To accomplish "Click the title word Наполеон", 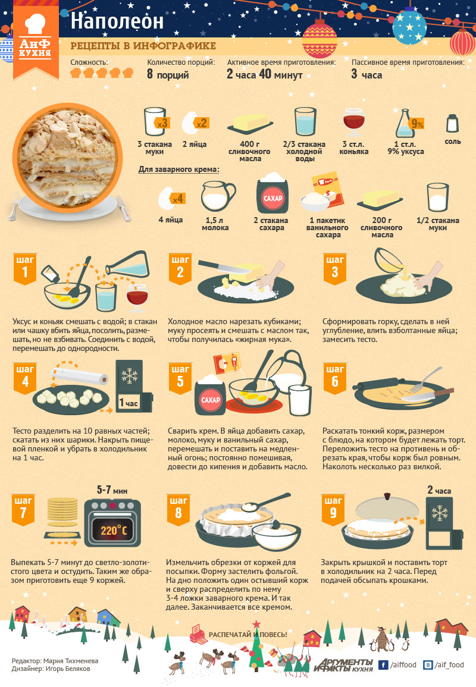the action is click(117, 21).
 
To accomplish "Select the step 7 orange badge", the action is click(23, 509).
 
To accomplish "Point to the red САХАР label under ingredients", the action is click(273, 198).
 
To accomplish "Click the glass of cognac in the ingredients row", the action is click(354, 123).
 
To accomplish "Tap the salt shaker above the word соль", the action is click(452, 123).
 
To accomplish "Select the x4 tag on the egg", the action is click(178, 199).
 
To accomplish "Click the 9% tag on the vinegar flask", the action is click(417, 124).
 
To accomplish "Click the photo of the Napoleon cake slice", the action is click(67, 158).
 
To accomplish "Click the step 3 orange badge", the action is click(335, 268).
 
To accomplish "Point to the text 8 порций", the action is click(168, 74).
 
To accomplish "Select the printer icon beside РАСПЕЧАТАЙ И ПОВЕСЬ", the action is click(198, 633).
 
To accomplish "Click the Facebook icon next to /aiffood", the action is click(383, 665).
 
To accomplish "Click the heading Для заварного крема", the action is click(179, 169).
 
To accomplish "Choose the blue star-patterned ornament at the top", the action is click(409, 27).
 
